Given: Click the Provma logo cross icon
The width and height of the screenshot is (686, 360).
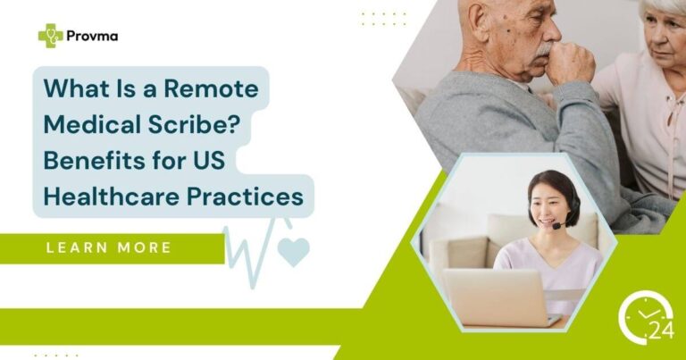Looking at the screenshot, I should click(50, 35).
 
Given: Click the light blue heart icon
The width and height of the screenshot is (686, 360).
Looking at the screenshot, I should click(293, 252).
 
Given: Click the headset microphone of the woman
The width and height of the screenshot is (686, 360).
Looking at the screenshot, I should click(558, 227).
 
